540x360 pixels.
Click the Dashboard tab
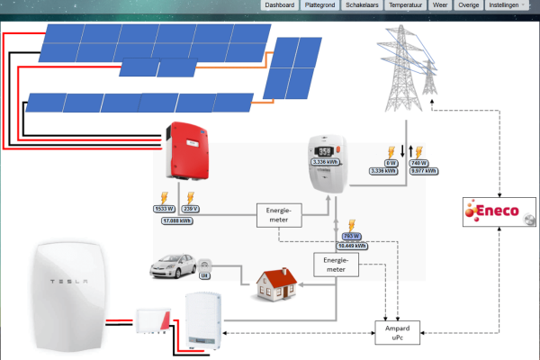click(280, 5)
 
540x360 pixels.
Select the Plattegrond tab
click(320, 5)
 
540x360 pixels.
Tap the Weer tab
click(440, 5)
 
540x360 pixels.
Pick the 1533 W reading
click(166, 209)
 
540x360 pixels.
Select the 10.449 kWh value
click(352, 245)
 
